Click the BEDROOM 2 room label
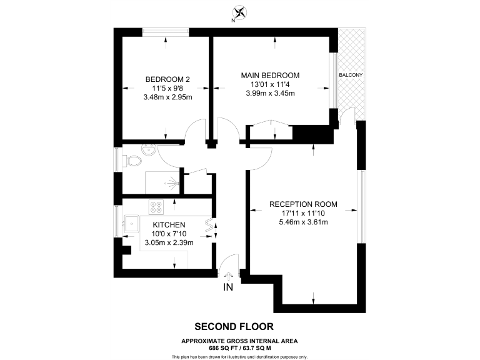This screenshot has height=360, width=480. click(x=167, y=79)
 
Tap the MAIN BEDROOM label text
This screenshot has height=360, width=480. click(x=270, y=75)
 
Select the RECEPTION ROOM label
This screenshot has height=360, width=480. click(x=303, y=204)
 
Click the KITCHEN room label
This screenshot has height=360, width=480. click(x=169, y=225)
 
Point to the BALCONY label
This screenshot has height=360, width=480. click(x=351, y=75)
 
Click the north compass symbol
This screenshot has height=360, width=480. click(x=239, y=13)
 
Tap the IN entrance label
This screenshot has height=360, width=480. click(x=229, y=287)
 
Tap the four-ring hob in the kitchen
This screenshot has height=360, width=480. click(x=156, y=207)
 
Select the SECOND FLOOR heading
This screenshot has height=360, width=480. click(x=234, y=326)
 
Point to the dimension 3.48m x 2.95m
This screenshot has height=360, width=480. click(x=167, y=97)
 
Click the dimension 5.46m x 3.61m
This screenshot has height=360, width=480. click(x=303, y=222)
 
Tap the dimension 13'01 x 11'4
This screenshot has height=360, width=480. click(x=270, y=84)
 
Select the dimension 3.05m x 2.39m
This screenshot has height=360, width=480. click(x=169, y=242)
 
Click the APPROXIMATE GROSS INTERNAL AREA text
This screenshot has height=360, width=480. click(x=239, y=340)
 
